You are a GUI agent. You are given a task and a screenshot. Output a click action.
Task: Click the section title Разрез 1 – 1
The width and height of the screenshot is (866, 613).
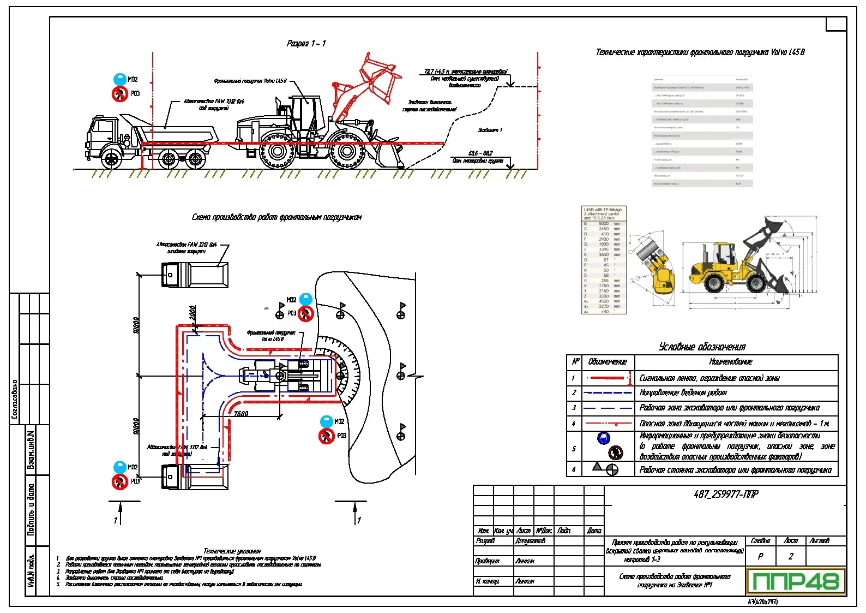(306, 44)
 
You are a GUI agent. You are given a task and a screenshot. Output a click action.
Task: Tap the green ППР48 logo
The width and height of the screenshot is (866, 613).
(796, 581)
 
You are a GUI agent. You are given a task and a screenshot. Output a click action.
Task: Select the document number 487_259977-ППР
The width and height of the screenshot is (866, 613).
(725, 495)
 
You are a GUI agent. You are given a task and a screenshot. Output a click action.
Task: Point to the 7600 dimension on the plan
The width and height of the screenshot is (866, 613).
(241, 414)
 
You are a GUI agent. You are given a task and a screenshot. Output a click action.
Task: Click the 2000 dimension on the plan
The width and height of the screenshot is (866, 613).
(193, 313)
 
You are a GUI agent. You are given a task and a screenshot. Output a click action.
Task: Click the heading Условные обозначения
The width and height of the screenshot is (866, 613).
(702, 347)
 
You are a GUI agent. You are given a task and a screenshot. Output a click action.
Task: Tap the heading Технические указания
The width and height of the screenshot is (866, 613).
(232, 551)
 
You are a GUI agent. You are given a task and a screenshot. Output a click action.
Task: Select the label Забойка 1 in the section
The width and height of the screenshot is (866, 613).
(490, 130)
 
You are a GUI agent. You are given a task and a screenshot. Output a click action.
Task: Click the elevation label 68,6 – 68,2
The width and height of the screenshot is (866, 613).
(480, 153)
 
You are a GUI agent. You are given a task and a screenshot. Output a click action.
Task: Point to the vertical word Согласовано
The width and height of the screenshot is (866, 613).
(15, 399)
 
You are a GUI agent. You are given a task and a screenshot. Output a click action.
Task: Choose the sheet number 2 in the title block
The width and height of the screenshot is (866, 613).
(791, 556)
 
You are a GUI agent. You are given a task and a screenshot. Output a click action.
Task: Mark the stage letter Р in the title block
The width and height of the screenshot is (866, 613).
(760, 556)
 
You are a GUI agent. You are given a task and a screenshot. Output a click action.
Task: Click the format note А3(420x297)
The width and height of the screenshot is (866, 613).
(762, 602)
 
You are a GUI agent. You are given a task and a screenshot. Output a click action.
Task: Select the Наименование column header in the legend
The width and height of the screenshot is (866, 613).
(730, 361)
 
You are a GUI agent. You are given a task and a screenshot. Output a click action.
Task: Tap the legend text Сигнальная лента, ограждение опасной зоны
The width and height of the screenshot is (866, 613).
(709, 378)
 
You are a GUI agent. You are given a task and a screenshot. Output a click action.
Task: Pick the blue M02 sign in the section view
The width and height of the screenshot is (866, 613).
(119, 80)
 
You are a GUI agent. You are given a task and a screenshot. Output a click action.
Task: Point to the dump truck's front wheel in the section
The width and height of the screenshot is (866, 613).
(111, 159)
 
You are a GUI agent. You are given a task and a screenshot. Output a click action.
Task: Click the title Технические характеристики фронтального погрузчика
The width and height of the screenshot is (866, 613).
(700, 52)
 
